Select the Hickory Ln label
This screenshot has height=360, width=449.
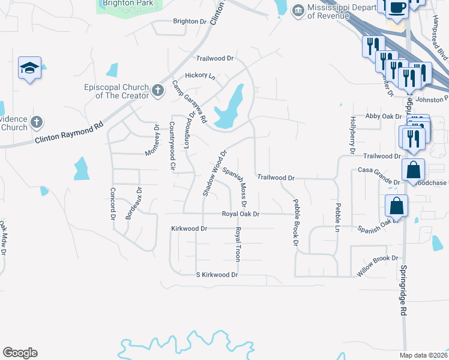200,76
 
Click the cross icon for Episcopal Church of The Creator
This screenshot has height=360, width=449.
158,91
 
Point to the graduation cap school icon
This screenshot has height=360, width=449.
29,68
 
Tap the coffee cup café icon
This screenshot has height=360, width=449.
397,7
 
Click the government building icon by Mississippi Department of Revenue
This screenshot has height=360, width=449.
298,11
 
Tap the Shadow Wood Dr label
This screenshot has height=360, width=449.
213,173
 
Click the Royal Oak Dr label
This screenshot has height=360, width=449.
240,214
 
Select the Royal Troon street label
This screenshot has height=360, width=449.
238,244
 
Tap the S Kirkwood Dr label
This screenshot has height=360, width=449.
217,275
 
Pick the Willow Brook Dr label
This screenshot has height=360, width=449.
378,265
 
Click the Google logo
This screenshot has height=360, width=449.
20,353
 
